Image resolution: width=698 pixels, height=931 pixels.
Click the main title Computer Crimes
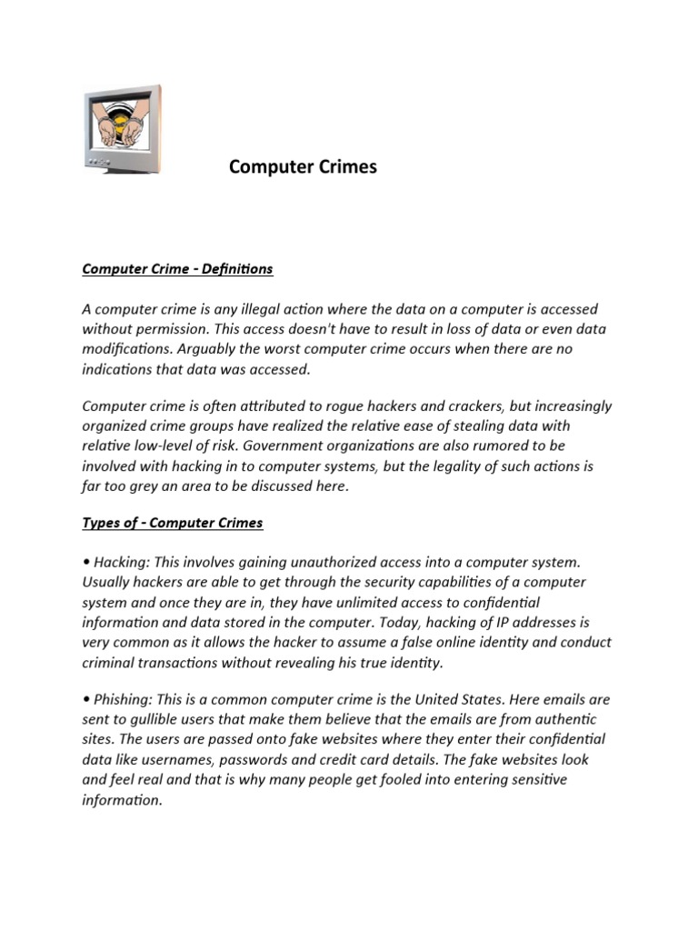(x=302, y=167)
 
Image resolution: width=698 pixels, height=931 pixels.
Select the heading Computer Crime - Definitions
(x=177, y=269)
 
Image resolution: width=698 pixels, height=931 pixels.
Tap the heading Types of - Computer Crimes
(x=172, y=523)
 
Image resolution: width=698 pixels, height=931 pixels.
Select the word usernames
(x=183, y=759)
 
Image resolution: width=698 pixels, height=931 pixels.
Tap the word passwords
(x=273, y=759)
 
